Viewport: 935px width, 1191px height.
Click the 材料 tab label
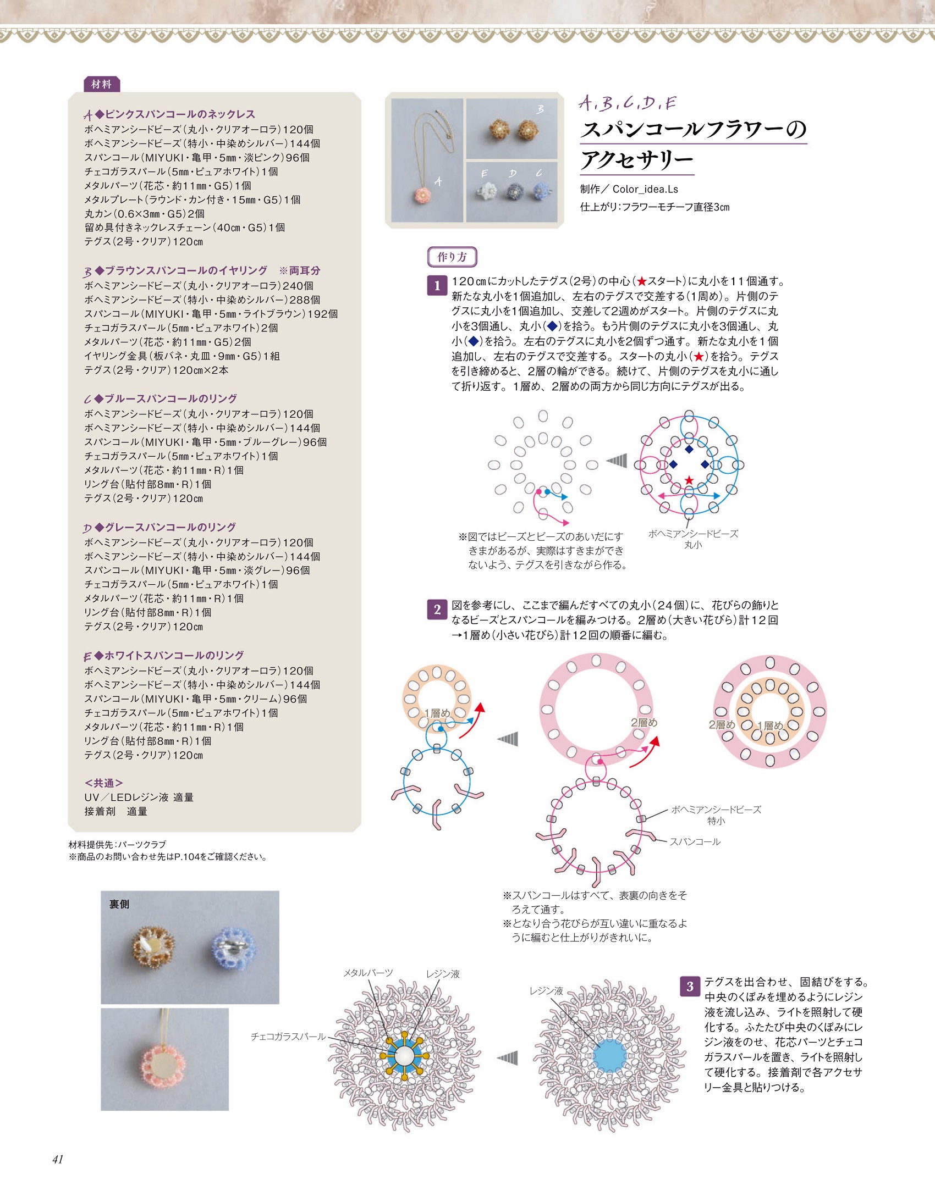click(101, 84)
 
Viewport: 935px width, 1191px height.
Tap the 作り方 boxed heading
click(452, 257)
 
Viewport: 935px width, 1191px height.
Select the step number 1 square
click(437, 286)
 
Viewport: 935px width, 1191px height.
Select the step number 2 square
click(437, 610)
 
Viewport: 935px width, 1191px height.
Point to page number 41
click(58, 1159)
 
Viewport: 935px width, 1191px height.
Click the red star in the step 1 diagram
click(689, 480)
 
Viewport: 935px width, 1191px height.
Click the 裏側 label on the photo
click(119, 904)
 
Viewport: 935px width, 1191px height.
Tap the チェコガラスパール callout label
click(288, 1036)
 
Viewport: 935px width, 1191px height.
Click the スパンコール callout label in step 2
click(695, 841)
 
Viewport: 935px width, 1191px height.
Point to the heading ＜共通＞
click(103, 783)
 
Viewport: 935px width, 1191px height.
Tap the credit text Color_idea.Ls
click(645, 189)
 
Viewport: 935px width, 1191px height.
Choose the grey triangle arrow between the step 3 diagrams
click(508, 1057)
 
